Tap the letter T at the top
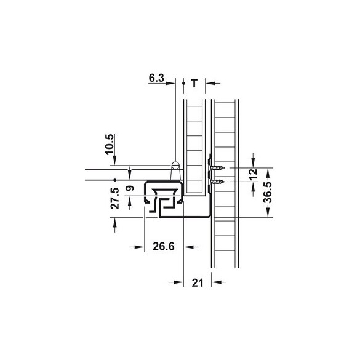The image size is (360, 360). pos(195,82)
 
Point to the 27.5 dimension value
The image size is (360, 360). pos(115,199)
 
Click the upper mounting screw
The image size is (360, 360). pos(217,168)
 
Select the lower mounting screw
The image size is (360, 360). pos(217,182)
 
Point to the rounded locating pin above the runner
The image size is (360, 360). pos(175,167)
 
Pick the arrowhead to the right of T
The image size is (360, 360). pos(209,82)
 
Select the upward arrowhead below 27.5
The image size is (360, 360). pos(116,222)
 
